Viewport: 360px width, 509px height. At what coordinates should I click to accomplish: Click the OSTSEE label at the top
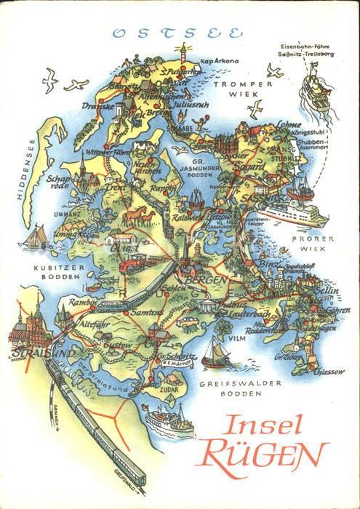177,33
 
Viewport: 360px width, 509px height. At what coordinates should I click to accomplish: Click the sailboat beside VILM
215,352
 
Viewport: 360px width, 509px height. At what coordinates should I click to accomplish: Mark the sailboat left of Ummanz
35,236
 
